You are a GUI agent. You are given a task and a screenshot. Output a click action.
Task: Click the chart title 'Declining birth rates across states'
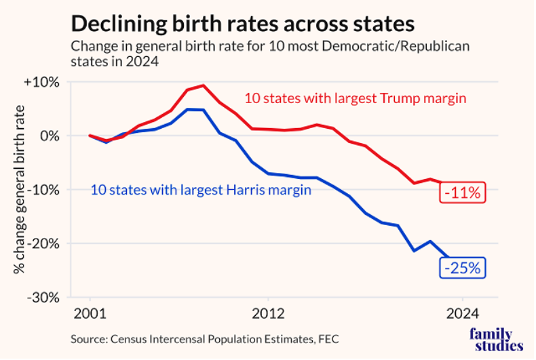(242, 24)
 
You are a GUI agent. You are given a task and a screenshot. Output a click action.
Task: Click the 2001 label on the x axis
(90, 315)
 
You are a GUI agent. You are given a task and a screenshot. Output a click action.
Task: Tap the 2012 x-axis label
(268, 315)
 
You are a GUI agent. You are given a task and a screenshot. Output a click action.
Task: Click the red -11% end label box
(462, 193)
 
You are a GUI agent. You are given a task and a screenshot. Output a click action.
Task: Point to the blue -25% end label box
(462, 268)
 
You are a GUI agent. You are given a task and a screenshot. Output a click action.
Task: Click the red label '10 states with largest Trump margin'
(355, 98)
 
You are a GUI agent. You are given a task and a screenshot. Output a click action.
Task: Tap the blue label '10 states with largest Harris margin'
(201, 190)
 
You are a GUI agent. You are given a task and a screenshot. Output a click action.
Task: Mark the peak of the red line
(203, 85)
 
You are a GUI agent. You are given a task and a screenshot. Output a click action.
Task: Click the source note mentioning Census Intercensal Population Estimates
(204, 338)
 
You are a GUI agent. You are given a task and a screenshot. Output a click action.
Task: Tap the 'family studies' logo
(497, 340)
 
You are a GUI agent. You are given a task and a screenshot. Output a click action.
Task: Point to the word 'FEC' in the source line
(326, 338)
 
